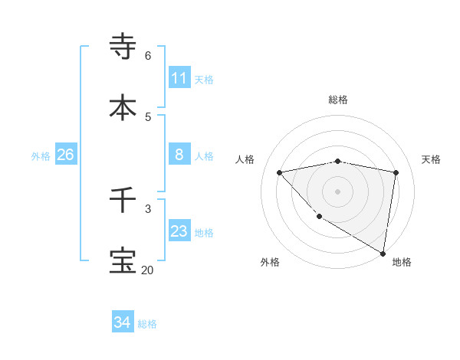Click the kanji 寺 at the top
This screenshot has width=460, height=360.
tap(123, 47)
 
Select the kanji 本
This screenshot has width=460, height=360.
tap(123, 107)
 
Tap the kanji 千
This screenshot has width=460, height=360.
tap(123, 200)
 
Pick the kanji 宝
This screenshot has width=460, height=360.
tap(123, 260)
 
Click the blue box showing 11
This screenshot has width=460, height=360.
tap(179, 78)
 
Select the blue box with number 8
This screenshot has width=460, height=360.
tap(179, 155)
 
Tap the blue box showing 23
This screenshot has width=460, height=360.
tap(179, 231)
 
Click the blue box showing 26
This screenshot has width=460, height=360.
tap(65, 155)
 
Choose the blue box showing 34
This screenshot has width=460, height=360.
tap(122, 323)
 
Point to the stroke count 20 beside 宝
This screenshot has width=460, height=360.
tap(147, 270)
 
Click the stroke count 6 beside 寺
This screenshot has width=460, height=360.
tap(148, 55)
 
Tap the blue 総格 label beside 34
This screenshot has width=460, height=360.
tap(147, 324)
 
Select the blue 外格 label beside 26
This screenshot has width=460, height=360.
tap(41, 155)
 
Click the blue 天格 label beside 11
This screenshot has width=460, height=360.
tap(204, 79)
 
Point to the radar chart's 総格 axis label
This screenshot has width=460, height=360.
tap(338, 100)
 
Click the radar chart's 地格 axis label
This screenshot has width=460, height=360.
tap(402, 262)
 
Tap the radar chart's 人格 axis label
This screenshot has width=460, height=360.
tap(245, 159)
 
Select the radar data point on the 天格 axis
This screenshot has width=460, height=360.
tap(396, 172)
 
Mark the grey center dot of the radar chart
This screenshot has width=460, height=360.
tap(338, 191)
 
